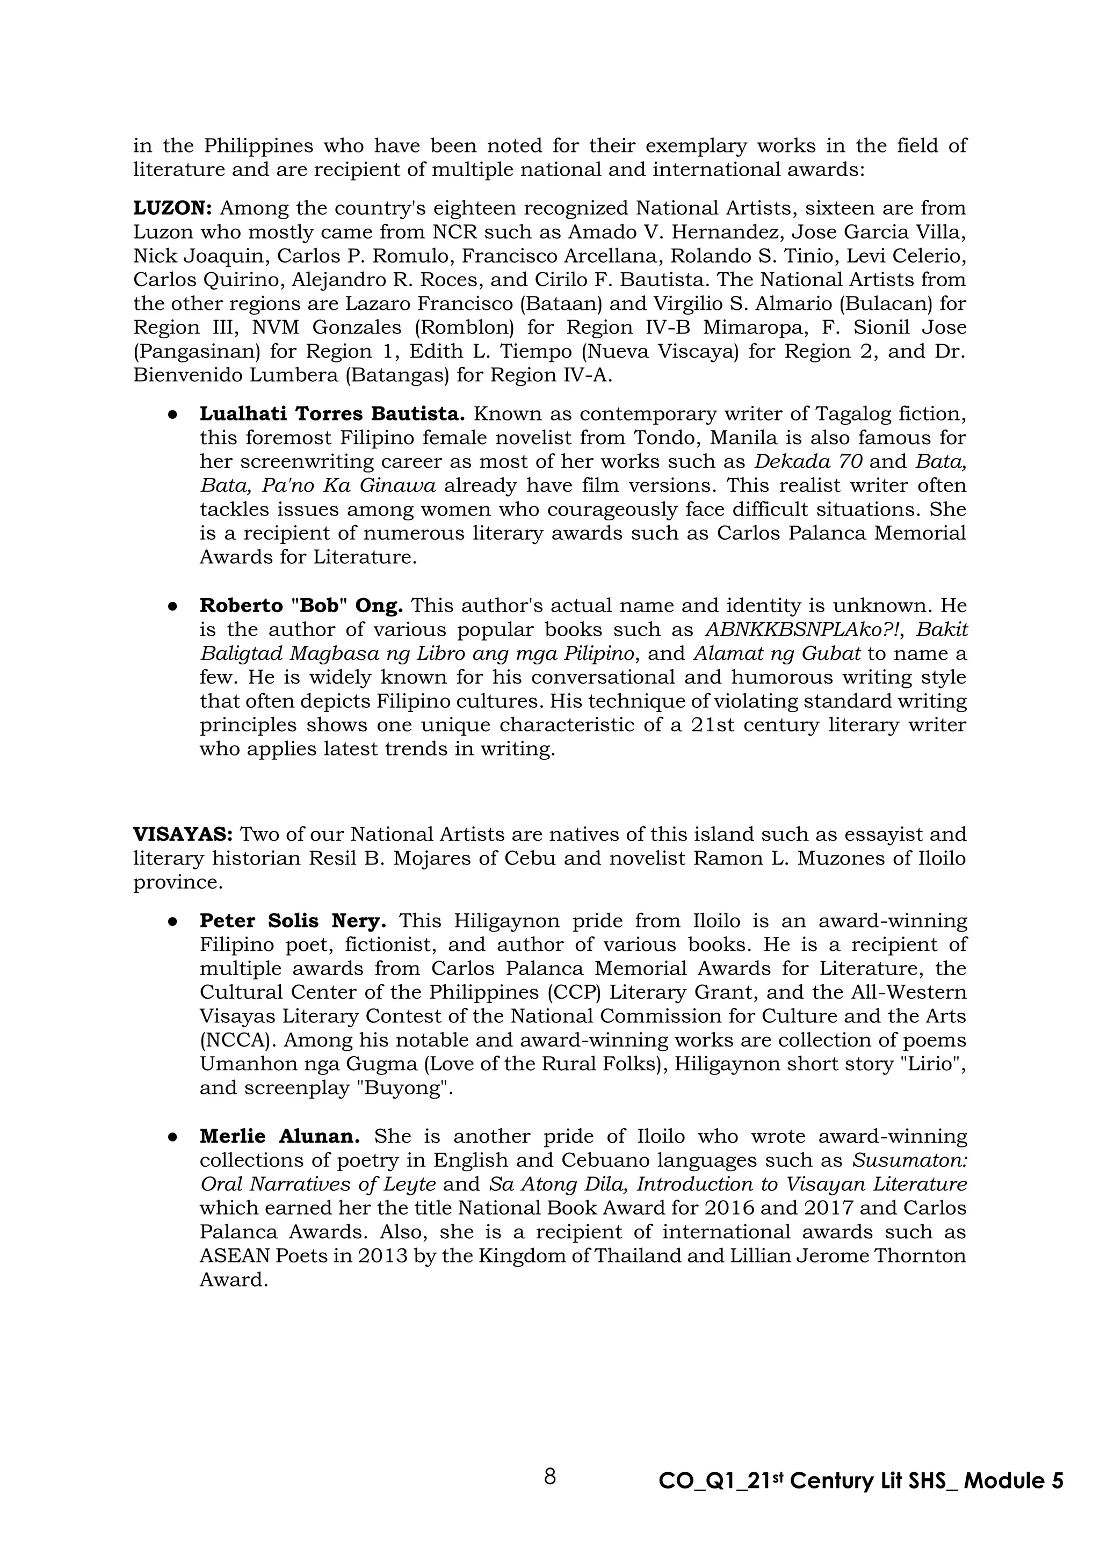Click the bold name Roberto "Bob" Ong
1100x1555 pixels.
tap(301, 606)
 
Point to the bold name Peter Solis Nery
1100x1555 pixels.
tap(293, 921)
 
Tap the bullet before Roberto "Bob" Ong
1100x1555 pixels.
tap(173, 606)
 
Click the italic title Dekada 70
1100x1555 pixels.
tap(808, 461)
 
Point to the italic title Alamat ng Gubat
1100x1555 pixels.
tap(777, 653)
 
